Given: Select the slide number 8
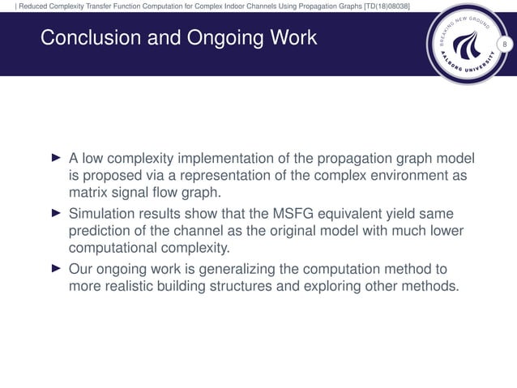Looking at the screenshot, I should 504,43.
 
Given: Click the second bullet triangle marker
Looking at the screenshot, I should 55,214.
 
